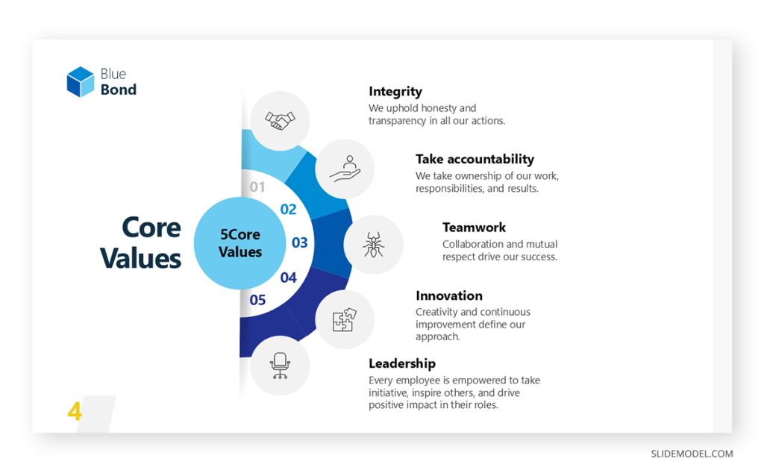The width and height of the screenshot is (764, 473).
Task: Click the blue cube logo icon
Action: point(81,82)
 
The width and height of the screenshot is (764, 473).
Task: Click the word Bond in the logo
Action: point(119,90)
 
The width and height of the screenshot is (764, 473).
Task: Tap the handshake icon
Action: point(281,120)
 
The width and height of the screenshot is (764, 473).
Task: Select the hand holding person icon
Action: point(345,169)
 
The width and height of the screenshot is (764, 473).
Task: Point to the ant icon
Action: point(373,244)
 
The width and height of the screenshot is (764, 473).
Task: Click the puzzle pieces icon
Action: point(345,320)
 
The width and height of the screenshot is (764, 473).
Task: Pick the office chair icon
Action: point(280,366)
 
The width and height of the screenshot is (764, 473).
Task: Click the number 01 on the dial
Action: point(257,187)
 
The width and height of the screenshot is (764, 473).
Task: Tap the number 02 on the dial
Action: point(288,210)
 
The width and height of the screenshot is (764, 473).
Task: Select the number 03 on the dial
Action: point(299,242)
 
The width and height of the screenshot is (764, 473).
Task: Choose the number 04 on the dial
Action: point(288,278)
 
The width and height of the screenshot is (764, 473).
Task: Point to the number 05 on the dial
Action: point(257,300)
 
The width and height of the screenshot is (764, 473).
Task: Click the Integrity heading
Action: point(395,92)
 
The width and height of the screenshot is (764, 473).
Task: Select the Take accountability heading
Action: point(475,159)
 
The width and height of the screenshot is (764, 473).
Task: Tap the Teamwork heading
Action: point(474,228)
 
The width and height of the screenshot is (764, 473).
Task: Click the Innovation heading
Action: point(449,295)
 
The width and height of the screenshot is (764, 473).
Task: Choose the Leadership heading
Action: point(402,363)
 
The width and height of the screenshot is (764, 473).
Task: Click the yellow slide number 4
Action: point(75,411)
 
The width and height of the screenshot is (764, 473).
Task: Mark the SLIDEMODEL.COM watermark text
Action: point(692,454)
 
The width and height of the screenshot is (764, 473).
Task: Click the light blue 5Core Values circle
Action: point(239,243)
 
